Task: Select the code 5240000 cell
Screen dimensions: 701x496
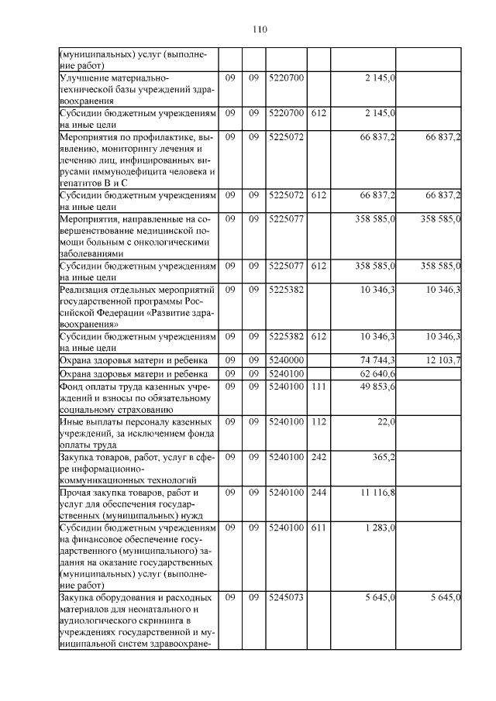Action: [x=286, y=360]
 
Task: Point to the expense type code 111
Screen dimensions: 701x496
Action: [x=318, y=387]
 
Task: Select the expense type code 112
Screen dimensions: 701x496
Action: [x=318, y=421]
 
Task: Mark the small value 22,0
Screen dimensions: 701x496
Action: [x=387, y=421]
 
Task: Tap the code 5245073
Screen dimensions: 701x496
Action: [x=286, y=598]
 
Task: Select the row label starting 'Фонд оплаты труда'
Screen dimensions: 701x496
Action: [x=136, y=398]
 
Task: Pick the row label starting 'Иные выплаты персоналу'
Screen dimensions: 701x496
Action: [x=136, y=433]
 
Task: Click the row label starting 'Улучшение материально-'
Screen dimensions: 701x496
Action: [x=136, y=89]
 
